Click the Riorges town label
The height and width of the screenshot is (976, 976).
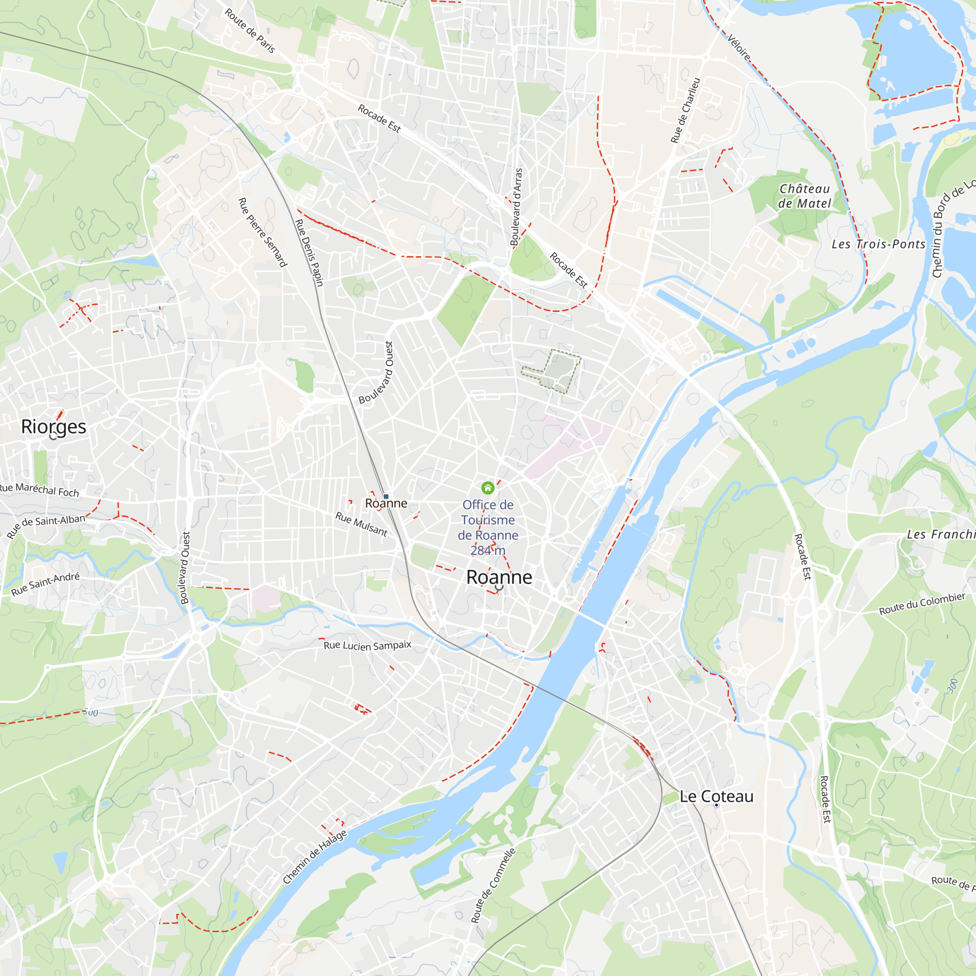[x=54, y=427]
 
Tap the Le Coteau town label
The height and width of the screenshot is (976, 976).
[x=716, y=797]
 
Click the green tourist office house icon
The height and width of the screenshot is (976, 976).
[x=488, y=488]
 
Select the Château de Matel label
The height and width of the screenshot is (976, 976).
[x=804, y=196]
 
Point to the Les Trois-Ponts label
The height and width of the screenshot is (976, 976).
[x=878, y=244]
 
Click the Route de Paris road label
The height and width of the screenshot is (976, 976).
[x=250, y=31]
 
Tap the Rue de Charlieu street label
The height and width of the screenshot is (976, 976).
[x=686, y=110]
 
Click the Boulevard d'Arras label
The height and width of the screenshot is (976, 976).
[x=516, y=207]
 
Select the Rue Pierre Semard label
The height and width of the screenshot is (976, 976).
[x=262, y=232]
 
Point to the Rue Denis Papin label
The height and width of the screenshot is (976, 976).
[x=309, y=253]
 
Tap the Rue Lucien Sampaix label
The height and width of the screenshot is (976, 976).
[x=367, y=646]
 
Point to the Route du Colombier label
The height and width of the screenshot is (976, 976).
[x=922, y=604]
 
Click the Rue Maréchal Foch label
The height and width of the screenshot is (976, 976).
[x=40, y=489]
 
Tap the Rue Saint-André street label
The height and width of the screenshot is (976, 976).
[x=45, y=584]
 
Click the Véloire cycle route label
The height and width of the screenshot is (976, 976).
[x=738, y=47]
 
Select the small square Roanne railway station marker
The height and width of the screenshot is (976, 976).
[x=386, y=497]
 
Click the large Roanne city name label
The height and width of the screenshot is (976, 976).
[x=499, y=577]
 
